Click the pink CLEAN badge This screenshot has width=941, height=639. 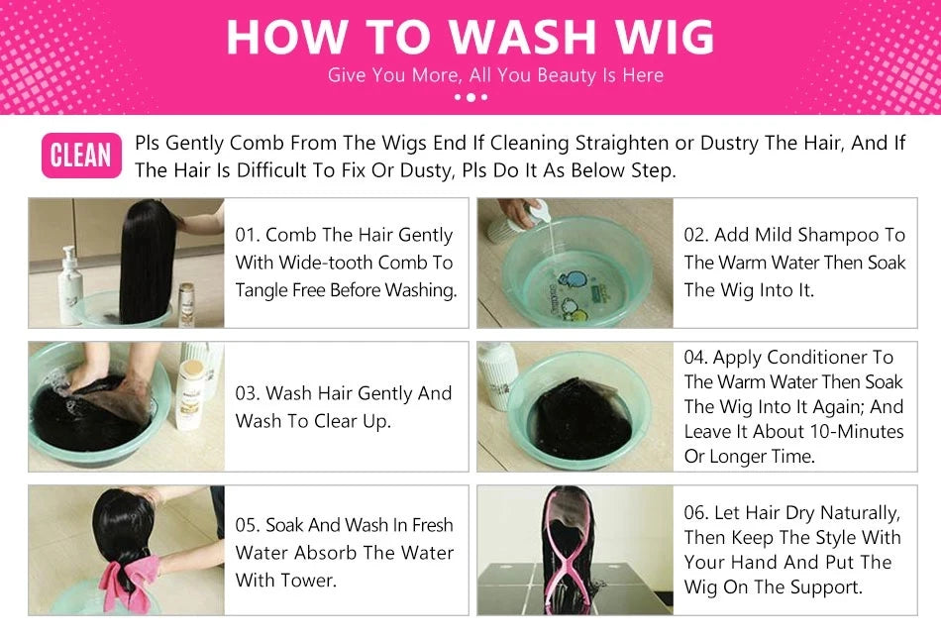[81, 156]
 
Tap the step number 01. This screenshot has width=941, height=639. [246, 235]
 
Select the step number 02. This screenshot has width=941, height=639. [695, 235]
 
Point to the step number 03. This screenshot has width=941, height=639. [247, 393]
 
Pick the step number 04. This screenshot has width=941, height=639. [695, 358]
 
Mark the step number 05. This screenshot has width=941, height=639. [247, 525]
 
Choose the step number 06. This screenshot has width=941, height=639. [695, 513]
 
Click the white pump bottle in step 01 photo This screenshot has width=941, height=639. [70, 286]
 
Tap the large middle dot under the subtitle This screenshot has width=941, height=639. [471, 97]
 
